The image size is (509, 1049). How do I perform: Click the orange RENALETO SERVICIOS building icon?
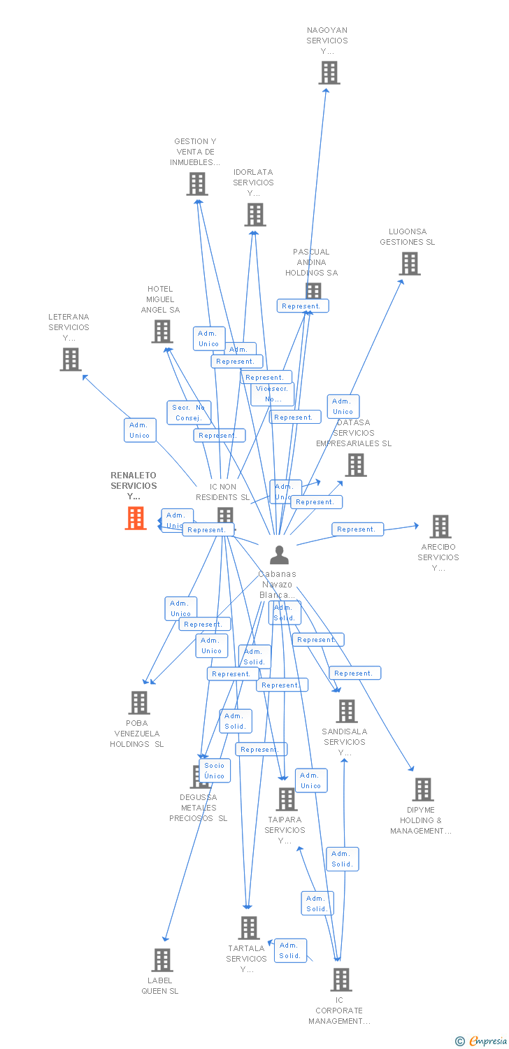pos(136,518)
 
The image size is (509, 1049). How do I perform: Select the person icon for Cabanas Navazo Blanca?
pos(279,555)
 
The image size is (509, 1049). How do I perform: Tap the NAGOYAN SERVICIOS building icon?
pos(329,73)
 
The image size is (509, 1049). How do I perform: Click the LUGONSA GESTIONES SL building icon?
pos(409,264)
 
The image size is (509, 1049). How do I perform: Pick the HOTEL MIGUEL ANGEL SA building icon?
pos(162,331)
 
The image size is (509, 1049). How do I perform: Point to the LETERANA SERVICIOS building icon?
pos(71,359)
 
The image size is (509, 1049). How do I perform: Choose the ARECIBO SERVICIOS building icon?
pos(440,527)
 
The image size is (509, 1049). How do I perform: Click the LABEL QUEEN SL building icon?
pos(162,960)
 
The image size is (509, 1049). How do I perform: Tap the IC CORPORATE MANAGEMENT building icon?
pos(340,980)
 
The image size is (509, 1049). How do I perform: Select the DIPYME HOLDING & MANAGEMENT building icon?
pos(422,790)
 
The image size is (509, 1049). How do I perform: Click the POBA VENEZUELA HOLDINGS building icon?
pos(139,703)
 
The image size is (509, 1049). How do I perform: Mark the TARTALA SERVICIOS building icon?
pos(248,928)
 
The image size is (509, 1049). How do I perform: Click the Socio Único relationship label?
pos(215,771)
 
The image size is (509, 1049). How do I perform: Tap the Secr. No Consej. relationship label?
pos(189,413)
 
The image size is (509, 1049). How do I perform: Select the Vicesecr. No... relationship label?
pos(273,394)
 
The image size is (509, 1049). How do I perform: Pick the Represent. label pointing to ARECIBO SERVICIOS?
pos(357,529)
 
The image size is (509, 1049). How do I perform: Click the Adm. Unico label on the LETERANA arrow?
pos(139,430)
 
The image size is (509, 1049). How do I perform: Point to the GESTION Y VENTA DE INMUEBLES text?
pos(195,152)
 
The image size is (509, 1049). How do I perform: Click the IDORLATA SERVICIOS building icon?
pos(255,215)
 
